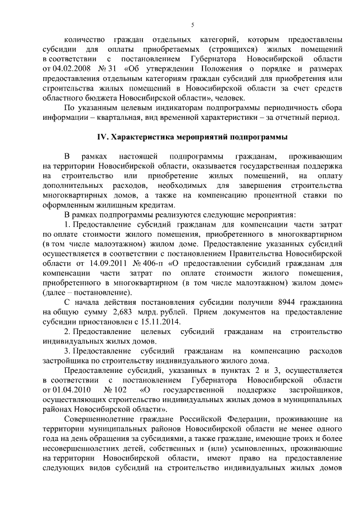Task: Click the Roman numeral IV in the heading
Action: (102, 137)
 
